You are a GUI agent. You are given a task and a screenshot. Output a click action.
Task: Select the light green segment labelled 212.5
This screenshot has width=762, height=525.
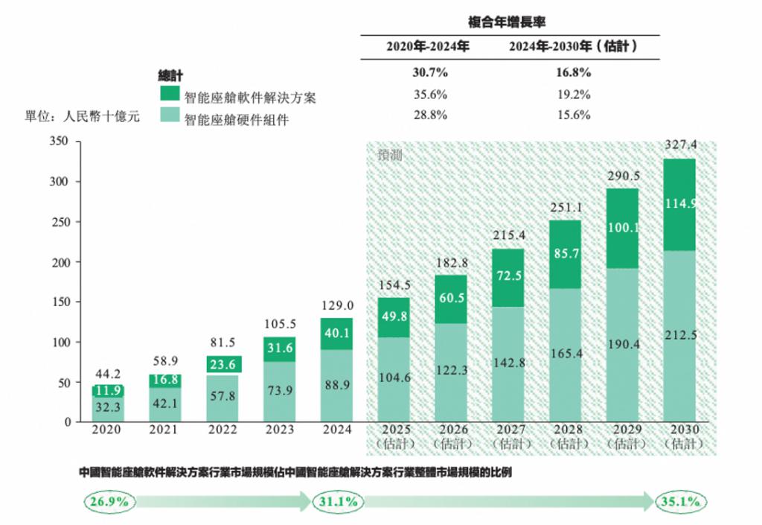[x=679, y=335]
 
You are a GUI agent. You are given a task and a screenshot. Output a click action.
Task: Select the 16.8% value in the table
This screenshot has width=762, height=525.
[x=571, y=73]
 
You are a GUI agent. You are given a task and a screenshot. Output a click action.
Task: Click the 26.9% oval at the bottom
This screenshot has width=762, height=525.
[x=109, y=501]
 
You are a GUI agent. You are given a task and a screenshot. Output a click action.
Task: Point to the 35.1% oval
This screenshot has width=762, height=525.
[x=679, y=501]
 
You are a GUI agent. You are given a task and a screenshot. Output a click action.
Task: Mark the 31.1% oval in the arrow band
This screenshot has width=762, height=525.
[x=338, y=501]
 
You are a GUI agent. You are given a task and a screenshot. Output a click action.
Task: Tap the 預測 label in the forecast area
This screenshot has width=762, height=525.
[x=391, y=155]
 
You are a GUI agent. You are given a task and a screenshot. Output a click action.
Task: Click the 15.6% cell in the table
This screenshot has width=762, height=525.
[x=571, y=115]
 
